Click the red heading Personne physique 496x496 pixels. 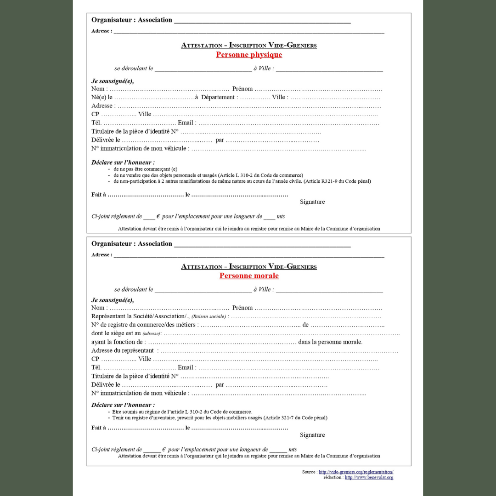[x=249, y=55]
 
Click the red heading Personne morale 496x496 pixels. [x=249, y=276]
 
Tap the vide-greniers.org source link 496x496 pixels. [x=356, y=472]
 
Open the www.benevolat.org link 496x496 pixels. [x=369, y=478]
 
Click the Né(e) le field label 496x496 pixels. [x=102, y=97]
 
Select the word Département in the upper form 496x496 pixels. [x=219, y=97]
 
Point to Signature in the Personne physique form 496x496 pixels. [x=312, y=202]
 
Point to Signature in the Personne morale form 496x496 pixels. [x=312, y=435]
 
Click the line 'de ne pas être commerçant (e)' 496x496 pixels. [x=145, y=169]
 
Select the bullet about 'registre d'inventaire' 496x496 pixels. [x=220, y=418]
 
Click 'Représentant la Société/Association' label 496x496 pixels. [x=140, y=316]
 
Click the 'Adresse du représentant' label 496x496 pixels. [x=123, y=351]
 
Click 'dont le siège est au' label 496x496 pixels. [x=116, y=333]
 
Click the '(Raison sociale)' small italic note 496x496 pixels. [x=209, y=317]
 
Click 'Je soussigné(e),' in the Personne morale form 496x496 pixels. [x=113, y=300]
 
